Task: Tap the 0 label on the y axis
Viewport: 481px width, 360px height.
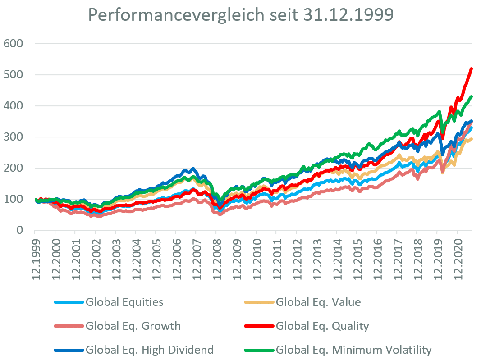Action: pos(18,230)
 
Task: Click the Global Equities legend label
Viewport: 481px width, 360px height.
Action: pos(124,302)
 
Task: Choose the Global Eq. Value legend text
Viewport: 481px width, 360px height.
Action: pos(318,302)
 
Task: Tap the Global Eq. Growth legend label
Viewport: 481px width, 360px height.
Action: pos(133,326)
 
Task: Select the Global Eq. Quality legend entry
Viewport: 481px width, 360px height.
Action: pos(322,326)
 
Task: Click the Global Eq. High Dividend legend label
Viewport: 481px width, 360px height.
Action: pos(150,350)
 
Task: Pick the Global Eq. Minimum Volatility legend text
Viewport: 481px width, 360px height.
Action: pos(354,350)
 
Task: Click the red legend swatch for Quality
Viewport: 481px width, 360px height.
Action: pos(259,326)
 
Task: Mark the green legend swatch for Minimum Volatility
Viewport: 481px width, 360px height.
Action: pos(259,350)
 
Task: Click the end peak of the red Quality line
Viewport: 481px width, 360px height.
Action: pos(471,68)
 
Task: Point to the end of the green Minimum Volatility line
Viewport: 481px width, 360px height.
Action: pos(471,96)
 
